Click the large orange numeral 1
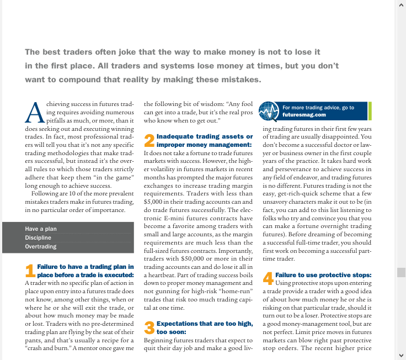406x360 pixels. pos(30,270)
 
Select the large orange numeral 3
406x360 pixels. pos(149,327)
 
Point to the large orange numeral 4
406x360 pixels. pos(268,278)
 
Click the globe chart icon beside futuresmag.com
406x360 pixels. pos(269,112)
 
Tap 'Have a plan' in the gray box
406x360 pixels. pos(41,229)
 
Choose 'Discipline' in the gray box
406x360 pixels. pos(38,237)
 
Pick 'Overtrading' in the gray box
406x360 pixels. pos(41,246)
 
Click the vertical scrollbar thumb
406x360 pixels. pos(401,272)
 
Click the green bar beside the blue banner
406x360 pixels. pos(370,111)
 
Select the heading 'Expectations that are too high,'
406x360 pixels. pos(205,323)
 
